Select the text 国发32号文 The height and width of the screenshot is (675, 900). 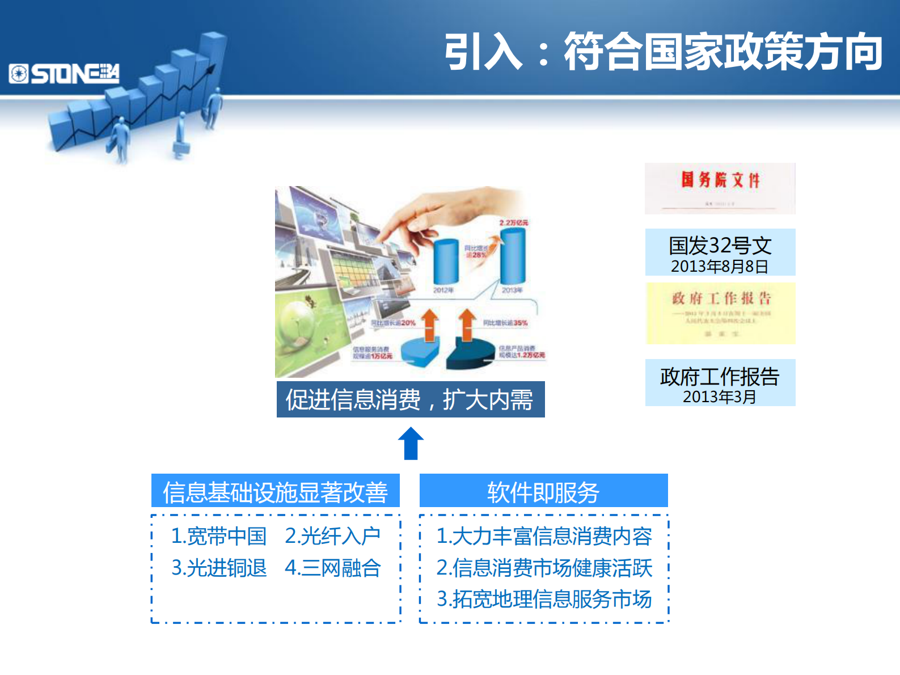pyautogui.click(x=720, y=246)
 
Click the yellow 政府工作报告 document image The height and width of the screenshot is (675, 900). pyautogui.click(x=720, y=313)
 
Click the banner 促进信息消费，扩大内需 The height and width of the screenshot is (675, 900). pyautogui.click(x=410, y=399)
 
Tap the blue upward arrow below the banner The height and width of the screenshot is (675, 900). pyautogui.click(x=411, y=444)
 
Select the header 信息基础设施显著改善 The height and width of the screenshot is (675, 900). pyautogui.click(x=275, y=491)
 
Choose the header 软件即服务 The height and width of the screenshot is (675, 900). pyautogui.click(x=543, y=491)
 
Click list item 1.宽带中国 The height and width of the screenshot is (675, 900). pyautogui.click(x=219, y=536)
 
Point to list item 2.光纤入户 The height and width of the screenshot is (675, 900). pyautogui.click(x=332, y=536)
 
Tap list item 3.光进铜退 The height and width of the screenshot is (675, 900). pyautogui.click(x=219, y=568)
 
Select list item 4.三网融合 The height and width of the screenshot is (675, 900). pyautogui.click(x=332, y=568)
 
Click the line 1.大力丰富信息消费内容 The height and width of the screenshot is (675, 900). pyautogui.click(x=544, y=536)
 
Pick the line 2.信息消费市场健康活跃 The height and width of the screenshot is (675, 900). pyautogui.click(x=544, y=568)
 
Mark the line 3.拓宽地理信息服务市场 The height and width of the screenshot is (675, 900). pyautogui.click(x=544, y=599)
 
